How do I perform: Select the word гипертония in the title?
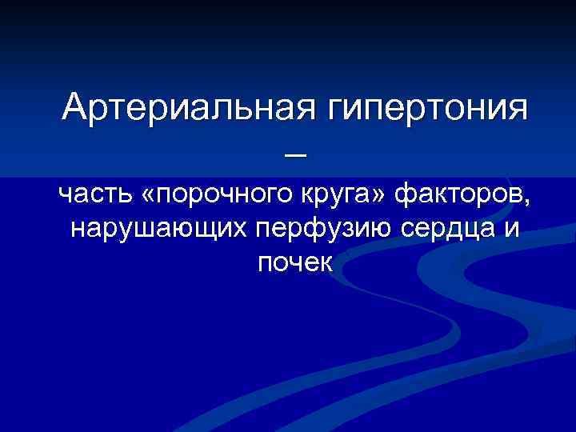click(427, 108)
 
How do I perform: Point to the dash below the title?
click(294, 158)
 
